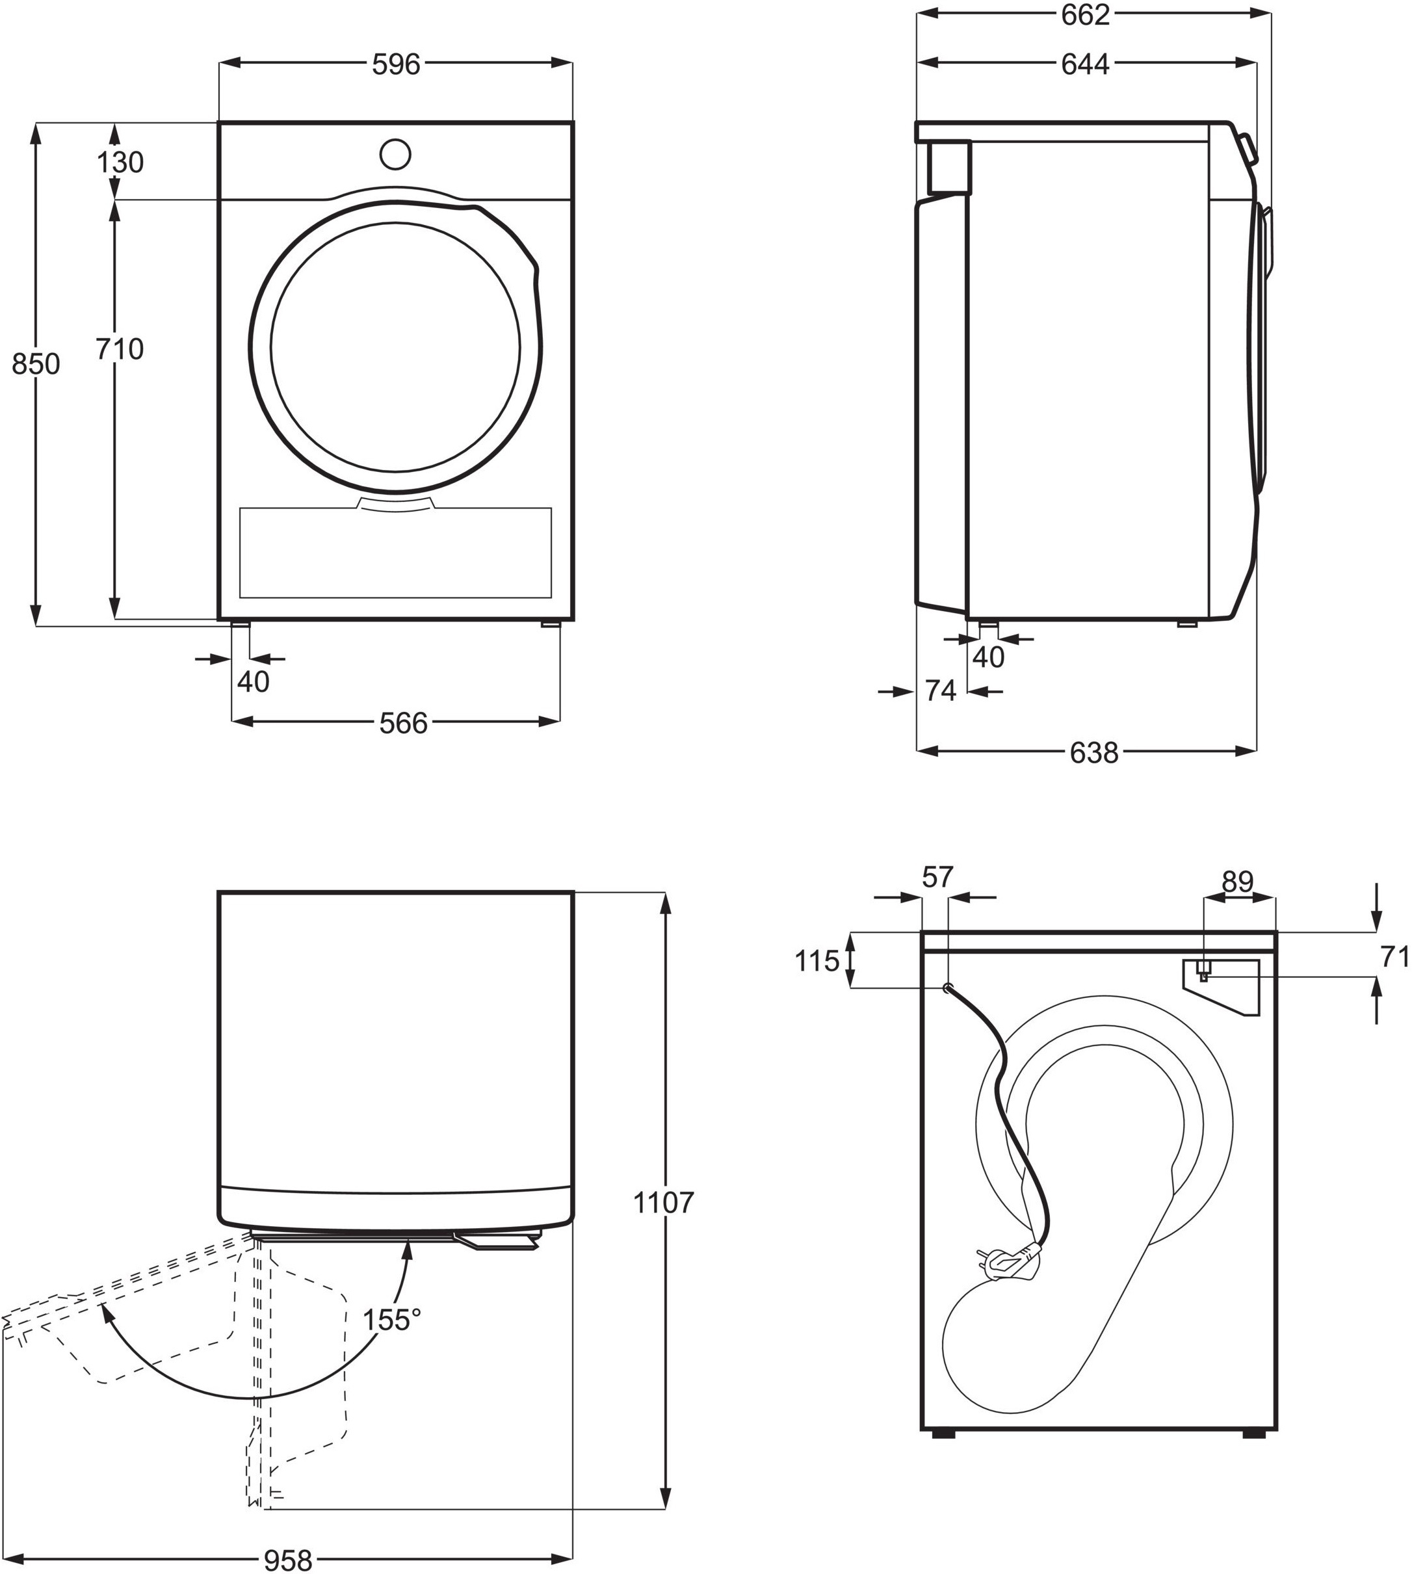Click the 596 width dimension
click(x=396, y=65)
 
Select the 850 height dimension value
click(x=36, y=364)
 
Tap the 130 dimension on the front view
click(x=120, y=163)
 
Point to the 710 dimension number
click(x=120, y=350)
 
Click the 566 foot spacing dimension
click(x=404, y=724)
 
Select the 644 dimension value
click(x=1086, y=65)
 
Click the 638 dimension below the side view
click(x=1094, y=752)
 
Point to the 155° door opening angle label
click(x=392, y=1318)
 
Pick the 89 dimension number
click(x=1238, y=882)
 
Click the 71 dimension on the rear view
click(x=1396, y=959)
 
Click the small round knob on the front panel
click(x=395, y=153)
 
